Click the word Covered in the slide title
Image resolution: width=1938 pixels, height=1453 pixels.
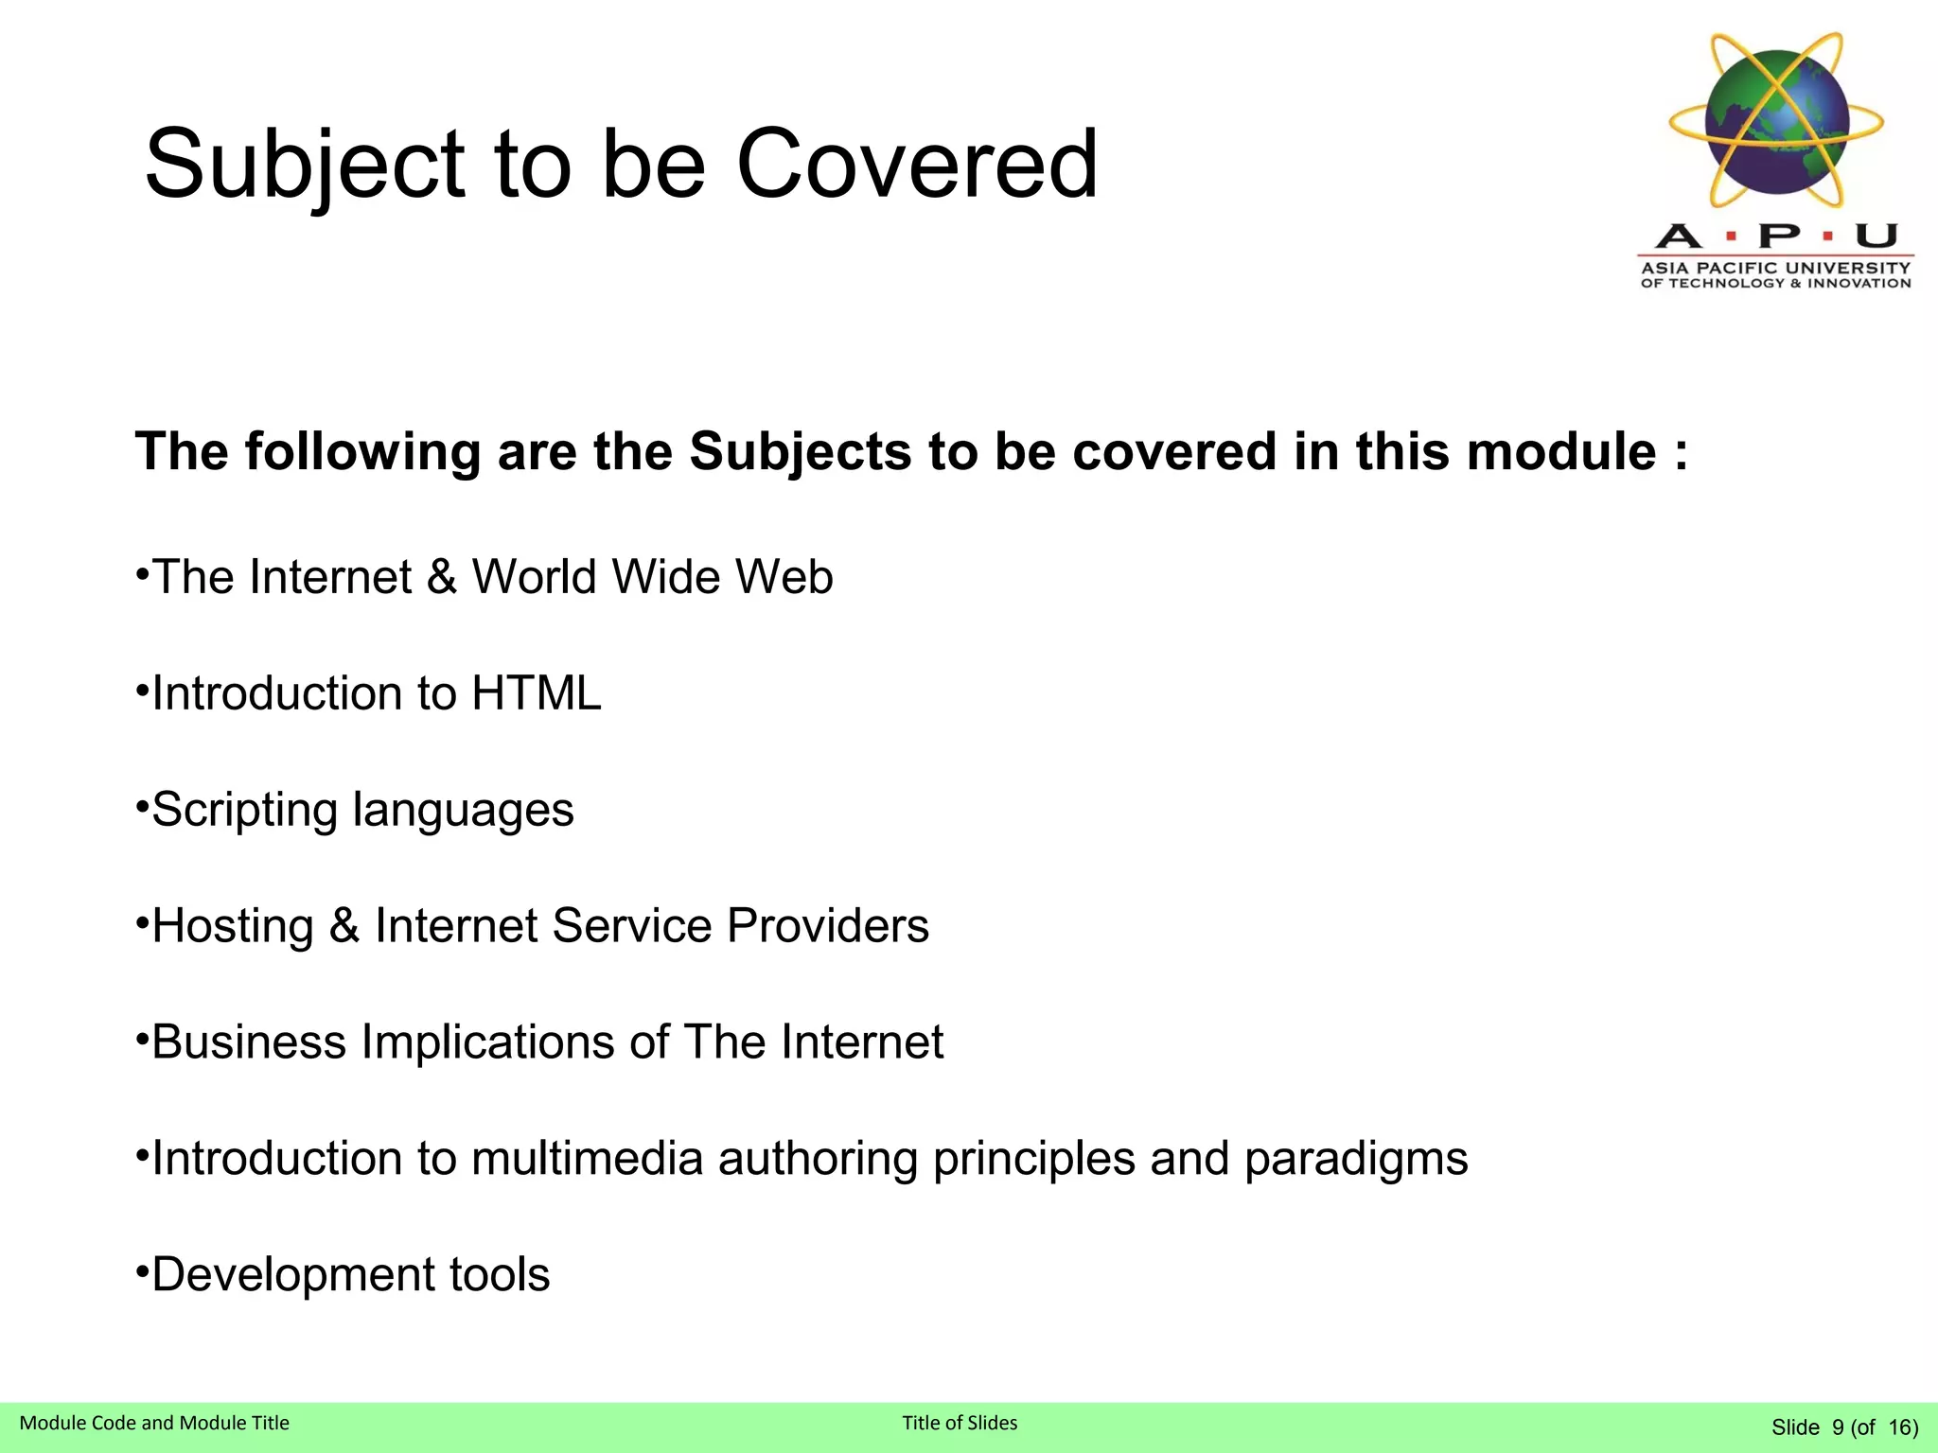coord(916,165)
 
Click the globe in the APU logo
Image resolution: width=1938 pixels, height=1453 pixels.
coord(1777,121)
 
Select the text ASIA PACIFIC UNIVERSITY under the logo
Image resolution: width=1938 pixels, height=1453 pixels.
coord(1775,268)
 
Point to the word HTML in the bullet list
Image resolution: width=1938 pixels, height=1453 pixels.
coord(536,693)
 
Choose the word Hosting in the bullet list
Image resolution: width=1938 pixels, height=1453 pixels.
coord(233,927)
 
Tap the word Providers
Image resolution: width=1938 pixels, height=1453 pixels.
coord(828,925)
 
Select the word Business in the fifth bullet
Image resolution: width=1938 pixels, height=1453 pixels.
coord(249,1042)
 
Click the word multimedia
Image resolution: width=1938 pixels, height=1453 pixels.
coord(587,1159)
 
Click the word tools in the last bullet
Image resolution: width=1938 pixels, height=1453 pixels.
coord(500,1274)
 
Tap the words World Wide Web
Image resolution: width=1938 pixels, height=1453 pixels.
coord(652,577)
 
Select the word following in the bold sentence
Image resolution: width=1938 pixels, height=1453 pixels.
coord(363,453)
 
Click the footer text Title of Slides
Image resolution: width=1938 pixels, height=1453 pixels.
coord(960,1423)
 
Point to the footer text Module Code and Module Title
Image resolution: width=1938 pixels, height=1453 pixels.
coord(154,1423)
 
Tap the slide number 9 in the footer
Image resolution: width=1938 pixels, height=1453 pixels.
coord(1838,1427)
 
